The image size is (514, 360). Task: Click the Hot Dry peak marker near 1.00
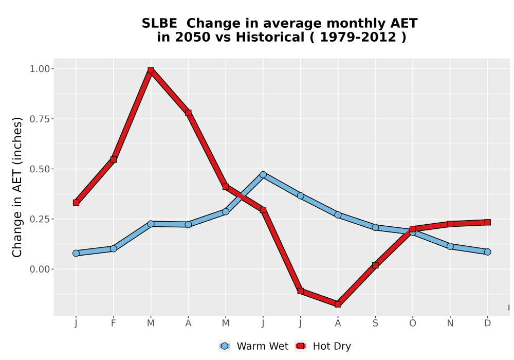(151, 70)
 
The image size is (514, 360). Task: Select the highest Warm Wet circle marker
(263, 175)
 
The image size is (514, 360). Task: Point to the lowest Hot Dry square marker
(338, 304)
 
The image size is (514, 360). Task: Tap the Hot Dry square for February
(114, 159)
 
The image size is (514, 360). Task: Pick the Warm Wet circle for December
(487, 252)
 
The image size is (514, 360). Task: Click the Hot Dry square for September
(375, 265)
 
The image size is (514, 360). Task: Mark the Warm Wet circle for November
(450, 246)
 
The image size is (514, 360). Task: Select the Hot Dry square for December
(487, 222)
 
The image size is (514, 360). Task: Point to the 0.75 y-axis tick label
(40, 119)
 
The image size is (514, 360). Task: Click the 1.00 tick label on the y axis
(40, 69)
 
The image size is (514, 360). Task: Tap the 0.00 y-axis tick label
(40, 269)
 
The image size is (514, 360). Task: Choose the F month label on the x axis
(114, 323)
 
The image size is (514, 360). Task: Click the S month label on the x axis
(375, 323)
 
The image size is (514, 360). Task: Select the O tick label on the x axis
(413, 323)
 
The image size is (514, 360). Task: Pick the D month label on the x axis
(487, 323)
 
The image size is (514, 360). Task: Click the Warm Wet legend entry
(254, 346)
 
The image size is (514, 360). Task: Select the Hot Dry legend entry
(323, 346)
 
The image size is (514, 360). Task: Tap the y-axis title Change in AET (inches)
(17, 187)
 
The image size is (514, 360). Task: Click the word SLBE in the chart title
(159, 24)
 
